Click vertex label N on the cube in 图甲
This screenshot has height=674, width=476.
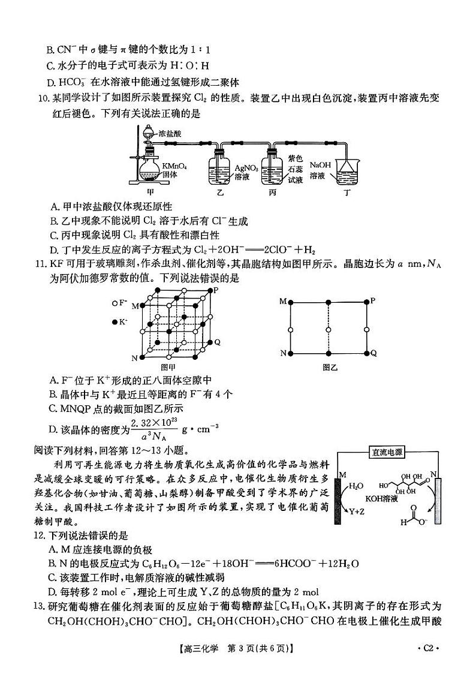(x=134, y=358)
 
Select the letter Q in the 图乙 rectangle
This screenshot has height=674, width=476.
(x=373, y=353)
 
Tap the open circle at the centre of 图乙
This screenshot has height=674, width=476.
(x=328, y=329)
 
